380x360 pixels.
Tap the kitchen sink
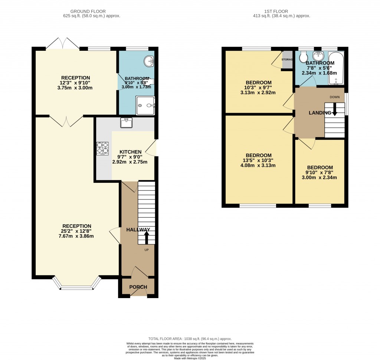[127, 122]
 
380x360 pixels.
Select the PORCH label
[138, 287]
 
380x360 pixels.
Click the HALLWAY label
[138, 229]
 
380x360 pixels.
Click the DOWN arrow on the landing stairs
[335, 110]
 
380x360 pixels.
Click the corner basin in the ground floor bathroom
[150, 61]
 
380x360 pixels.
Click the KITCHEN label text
[130, 152]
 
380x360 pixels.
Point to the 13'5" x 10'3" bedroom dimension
[258, 161]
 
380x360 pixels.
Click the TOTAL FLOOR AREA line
[190, 338]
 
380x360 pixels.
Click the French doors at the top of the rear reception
[62, 43]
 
